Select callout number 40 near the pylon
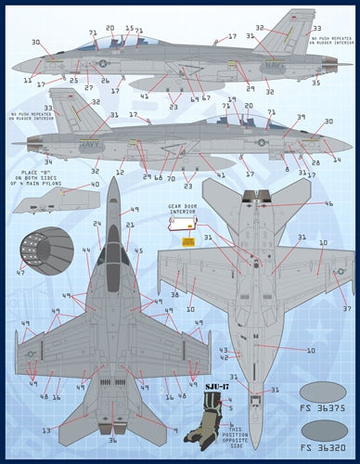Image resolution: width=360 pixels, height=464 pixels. pyautogui.click(x=96, y=185)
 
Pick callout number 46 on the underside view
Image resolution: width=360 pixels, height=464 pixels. pyautogui.click(x=328, y=203)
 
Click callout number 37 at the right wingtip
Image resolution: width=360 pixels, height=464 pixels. pyautogui.click(x=346, y=308)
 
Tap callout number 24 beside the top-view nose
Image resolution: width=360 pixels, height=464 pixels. pyautogui.click(x=96, y=224)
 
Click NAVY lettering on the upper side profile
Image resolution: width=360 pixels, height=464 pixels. pyautogui.click(x=297, y=67)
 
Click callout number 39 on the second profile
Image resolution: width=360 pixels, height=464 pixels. pyautogui.click(x=300, y=117)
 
